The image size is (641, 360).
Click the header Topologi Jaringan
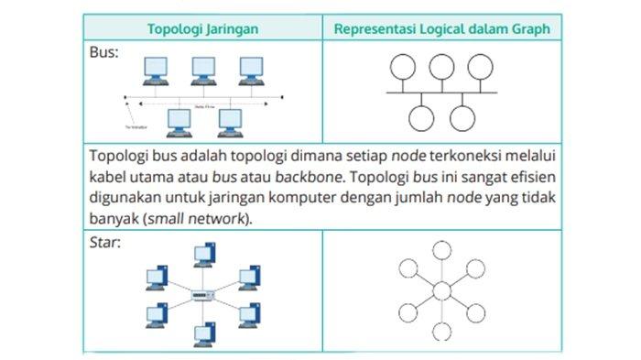point(203,28)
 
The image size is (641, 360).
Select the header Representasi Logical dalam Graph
point(442,28)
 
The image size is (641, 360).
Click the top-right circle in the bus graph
point(477,67)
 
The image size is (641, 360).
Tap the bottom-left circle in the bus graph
point(422,117)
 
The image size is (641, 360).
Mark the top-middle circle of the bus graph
point(441,67)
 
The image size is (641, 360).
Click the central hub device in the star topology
point(203,295)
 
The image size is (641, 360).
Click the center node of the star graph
point(442,292)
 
